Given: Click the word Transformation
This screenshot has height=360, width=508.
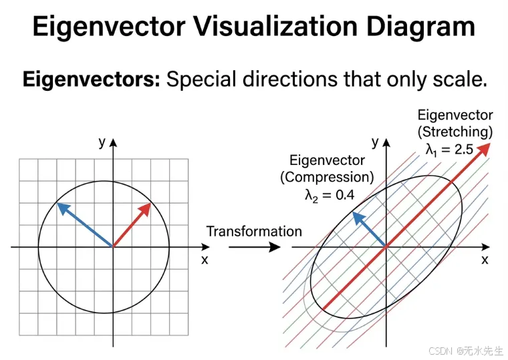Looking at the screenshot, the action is tap(254, 232).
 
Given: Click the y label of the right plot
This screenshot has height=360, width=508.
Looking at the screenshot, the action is tap(375, 142).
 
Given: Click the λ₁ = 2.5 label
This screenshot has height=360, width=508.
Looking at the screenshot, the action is tap(450, 150).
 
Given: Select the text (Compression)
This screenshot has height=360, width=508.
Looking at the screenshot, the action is tap(327, 178).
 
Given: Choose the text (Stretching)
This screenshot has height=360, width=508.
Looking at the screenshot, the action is tap(455, 132).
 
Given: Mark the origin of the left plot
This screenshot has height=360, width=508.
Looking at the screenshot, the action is tap(113, 247).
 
